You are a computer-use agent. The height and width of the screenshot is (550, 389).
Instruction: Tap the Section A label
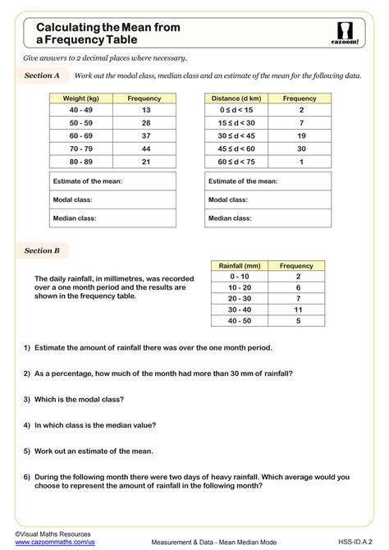(43, 76)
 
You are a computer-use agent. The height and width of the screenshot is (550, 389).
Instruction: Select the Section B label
(43, 250)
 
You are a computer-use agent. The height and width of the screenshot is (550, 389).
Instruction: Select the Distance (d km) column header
(237, 99)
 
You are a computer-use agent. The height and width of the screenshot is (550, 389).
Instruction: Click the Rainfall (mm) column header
(240, 266)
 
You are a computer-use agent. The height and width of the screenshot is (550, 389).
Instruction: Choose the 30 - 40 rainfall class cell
(240, 309)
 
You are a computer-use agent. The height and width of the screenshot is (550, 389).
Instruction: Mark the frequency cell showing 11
(297, 309)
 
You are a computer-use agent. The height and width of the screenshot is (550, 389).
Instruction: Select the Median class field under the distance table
(270, 218)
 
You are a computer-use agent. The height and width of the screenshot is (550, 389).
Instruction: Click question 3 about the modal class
(74, 399)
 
